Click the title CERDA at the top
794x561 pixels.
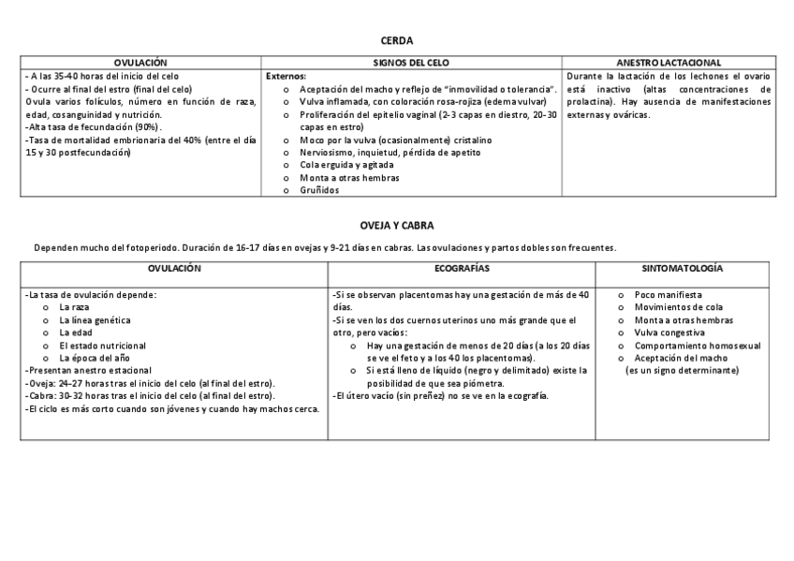click(396, 40)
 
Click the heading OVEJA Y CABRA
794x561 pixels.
click(396, 226)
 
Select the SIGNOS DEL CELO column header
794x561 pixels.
click(411, 62)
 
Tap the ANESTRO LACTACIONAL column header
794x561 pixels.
click(669, 62)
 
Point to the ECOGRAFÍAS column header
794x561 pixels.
click(462, 268)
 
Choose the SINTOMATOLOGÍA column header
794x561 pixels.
click(682, 268)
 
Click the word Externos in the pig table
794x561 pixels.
click(287, 76)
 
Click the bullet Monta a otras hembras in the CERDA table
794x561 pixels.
click(349, 178)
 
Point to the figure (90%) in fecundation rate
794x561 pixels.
click(146, 126)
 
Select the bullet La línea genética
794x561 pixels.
click(88, 319)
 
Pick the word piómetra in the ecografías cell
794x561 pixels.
click(483, 383)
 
